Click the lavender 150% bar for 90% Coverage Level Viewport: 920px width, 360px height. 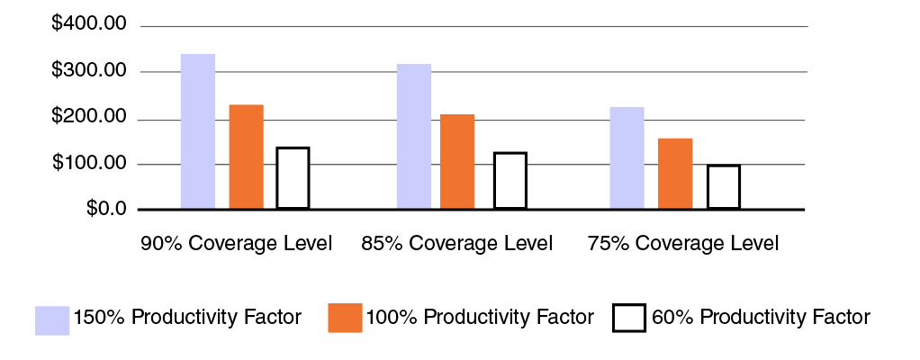click(x=198, y=131)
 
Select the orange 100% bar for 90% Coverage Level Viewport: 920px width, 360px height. click(x=247, y=157)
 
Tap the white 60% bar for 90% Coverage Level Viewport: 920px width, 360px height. click(x=293, y=178)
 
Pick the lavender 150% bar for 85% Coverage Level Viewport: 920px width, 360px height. click(x=414, y=137)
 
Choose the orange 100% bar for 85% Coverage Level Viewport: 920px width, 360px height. click(x=457, y=162)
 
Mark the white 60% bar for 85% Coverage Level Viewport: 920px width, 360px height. click(x=510, y=181)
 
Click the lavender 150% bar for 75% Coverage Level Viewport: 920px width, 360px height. click(x=627, y=158)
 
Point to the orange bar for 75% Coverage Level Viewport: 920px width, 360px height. click(x=675, y=174)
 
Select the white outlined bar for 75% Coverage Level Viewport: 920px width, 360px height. click(x=723, y=187)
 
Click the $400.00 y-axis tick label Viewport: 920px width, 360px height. click(x=89, y=24)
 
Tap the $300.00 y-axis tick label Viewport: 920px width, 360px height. click(x=89, y=71)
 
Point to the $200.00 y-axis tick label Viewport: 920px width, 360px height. click(x=89, y=119)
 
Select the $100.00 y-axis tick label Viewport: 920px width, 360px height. click(x=89, y=165)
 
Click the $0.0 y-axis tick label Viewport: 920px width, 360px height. click(x=105, y=209)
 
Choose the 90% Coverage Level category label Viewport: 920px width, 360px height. click(x=237, y=244)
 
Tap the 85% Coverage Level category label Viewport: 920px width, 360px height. click(x=456, y=244)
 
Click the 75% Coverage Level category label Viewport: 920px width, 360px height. click(x=681, y=244)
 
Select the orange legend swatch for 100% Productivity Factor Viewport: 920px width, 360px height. click(x=345, y=319)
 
